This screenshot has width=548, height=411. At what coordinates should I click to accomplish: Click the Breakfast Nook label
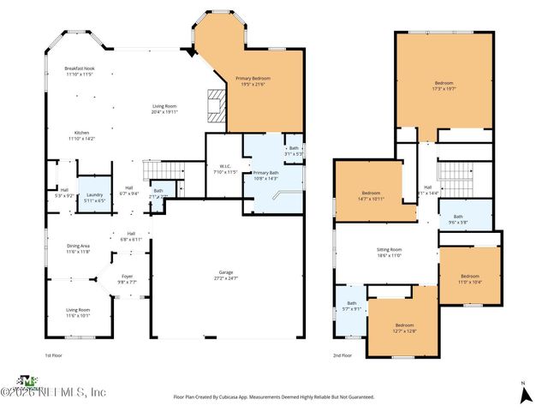[78, 68]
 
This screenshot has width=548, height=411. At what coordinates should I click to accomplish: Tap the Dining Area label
[78, 246]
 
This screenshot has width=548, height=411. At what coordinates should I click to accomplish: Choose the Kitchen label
[81, 133]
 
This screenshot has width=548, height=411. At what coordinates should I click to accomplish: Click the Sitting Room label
[389, 249]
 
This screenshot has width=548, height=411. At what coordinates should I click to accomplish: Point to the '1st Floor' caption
[54, 354]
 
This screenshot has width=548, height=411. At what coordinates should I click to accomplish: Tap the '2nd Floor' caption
[342, 354]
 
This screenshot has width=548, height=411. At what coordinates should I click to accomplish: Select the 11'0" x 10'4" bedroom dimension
[470, 281]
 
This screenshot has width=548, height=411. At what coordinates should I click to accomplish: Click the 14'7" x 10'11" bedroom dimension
[371, 199]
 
